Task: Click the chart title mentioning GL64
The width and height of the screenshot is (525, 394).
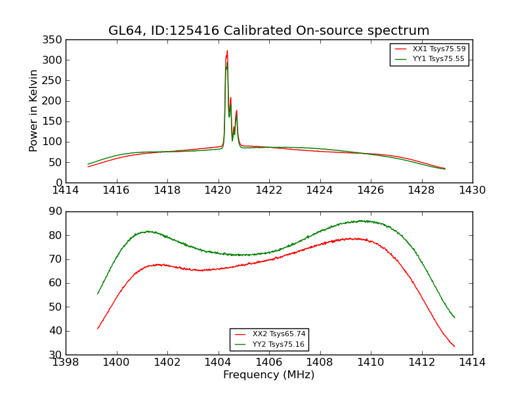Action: [x=268, y=31]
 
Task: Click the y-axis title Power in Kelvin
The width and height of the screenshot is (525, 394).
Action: [x=34, y=111]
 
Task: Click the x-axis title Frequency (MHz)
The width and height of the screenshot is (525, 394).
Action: [x=268, y=375]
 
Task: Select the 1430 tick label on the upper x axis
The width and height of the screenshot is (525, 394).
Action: [x=472, y=190]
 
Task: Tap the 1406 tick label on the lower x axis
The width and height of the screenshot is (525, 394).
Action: [x=268, y=362]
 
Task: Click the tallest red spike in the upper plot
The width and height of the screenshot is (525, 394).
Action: [x=227, y=51]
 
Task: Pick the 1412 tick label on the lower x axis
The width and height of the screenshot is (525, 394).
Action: [x=421, y=362]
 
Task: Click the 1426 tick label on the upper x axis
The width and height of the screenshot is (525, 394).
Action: [x=370, y=190]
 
